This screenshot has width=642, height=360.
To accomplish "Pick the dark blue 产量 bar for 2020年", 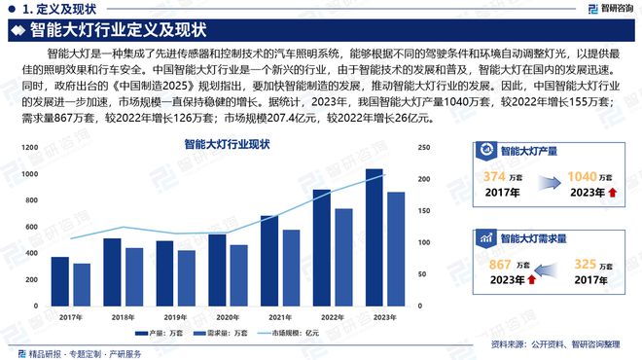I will [217, 270].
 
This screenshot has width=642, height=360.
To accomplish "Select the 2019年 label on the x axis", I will [175, 317].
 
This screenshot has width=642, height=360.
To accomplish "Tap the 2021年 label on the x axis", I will [280, 317].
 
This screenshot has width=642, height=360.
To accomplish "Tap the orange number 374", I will [495, 176].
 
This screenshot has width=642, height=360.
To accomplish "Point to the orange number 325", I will [585, 264].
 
